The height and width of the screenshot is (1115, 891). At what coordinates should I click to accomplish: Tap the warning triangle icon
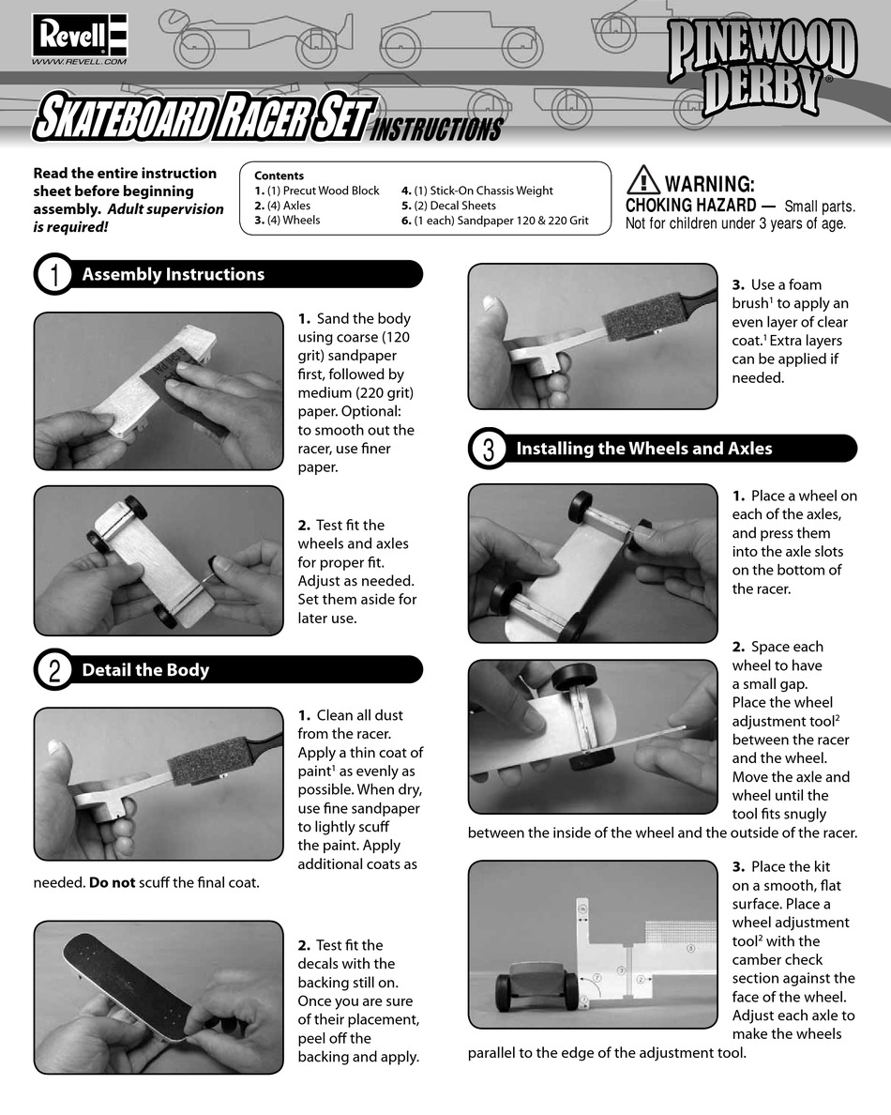pos(642,180)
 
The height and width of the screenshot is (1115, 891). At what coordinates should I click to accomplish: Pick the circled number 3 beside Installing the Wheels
pos(488,449)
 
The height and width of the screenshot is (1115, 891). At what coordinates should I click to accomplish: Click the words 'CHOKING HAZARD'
pos(690,206)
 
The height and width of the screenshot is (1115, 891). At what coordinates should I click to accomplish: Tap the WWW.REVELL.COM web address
pos(79,61)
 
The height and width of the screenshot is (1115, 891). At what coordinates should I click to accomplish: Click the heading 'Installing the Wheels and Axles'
pos(643,449)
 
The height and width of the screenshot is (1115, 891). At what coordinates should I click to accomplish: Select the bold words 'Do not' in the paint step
pos(109,882)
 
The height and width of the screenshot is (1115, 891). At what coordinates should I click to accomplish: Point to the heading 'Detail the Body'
pos(145,670)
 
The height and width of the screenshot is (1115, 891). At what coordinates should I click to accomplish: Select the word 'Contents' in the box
pos(279,176)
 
